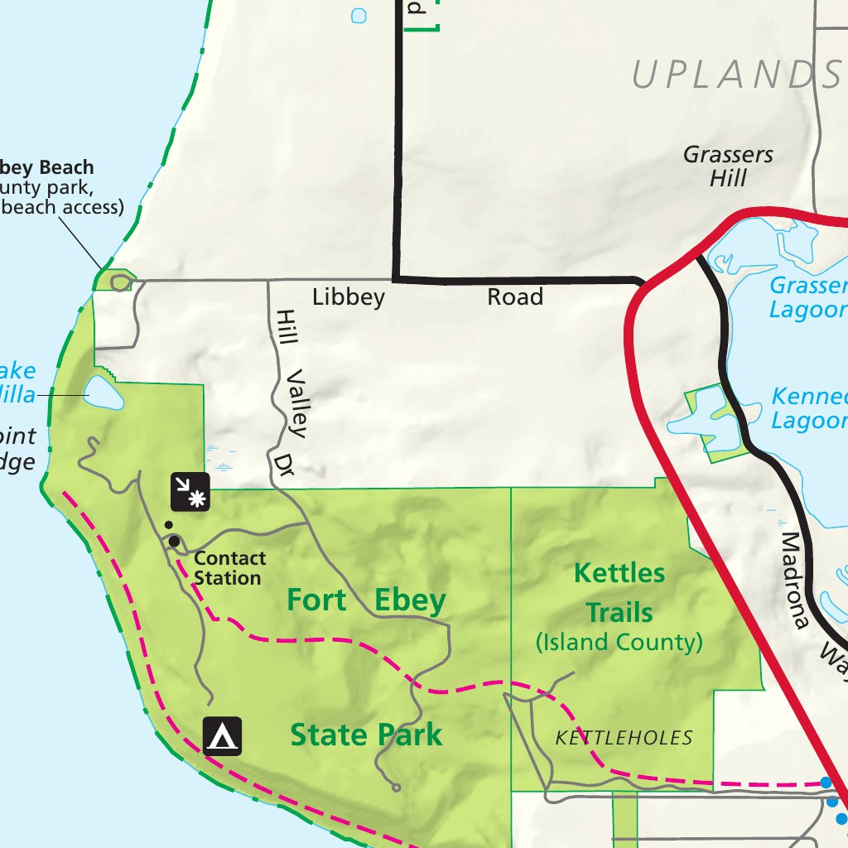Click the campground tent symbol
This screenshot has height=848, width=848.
(x=223, y=735)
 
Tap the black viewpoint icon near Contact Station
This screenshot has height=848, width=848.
(x=190, y=492)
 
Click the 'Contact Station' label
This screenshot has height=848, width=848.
(x=229, y=568)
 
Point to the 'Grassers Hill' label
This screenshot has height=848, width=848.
(x=728, y=166)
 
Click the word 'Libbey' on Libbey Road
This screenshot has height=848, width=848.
(x=349, y=297)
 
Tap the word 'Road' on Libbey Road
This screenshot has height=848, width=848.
(x=515, y=296)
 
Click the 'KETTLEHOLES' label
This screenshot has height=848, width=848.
(x=624, y=738)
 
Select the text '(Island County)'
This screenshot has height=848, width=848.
(x=619, y=642)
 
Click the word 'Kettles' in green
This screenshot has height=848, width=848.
(x=619, y=573)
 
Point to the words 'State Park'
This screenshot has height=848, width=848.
(x=366, y=735)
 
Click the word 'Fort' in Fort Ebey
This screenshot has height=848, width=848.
(x=316, y=600)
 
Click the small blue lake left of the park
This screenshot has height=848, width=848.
(x=104, y=393)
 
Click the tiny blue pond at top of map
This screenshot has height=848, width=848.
(x=359, y=15)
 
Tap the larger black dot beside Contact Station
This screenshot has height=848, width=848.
(x=174, y=542)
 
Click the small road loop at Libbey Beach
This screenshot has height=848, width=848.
(x=121, y=282)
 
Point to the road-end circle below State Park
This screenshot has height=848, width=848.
(x=396, y=788)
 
